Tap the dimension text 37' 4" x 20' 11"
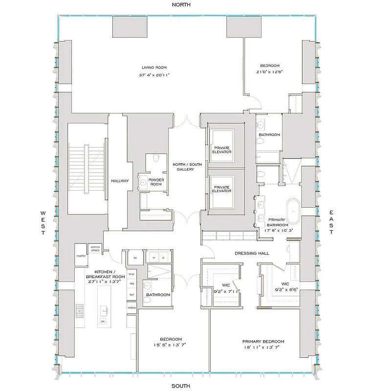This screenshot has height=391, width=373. click(154, 75)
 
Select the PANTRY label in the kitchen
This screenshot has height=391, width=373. click(81, 255)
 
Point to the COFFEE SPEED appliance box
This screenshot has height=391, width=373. click(95, 249)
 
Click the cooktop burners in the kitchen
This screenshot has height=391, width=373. click(79, 309)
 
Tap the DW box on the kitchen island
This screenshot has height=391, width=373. click(103, 321)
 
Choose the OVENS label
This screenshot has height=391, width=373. click(132, 308)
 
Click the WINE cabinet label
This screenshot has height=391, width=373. click(132, 274)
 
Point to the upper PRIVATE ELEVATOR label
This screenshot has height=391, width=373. click(221, 150)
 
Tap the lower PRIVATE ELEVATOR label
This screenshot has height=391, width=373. click(221, 189)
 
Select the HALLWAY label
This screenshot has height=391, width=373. click(119, 181)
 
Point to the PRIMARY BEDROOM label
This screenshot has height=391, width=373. click(263, 342)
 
